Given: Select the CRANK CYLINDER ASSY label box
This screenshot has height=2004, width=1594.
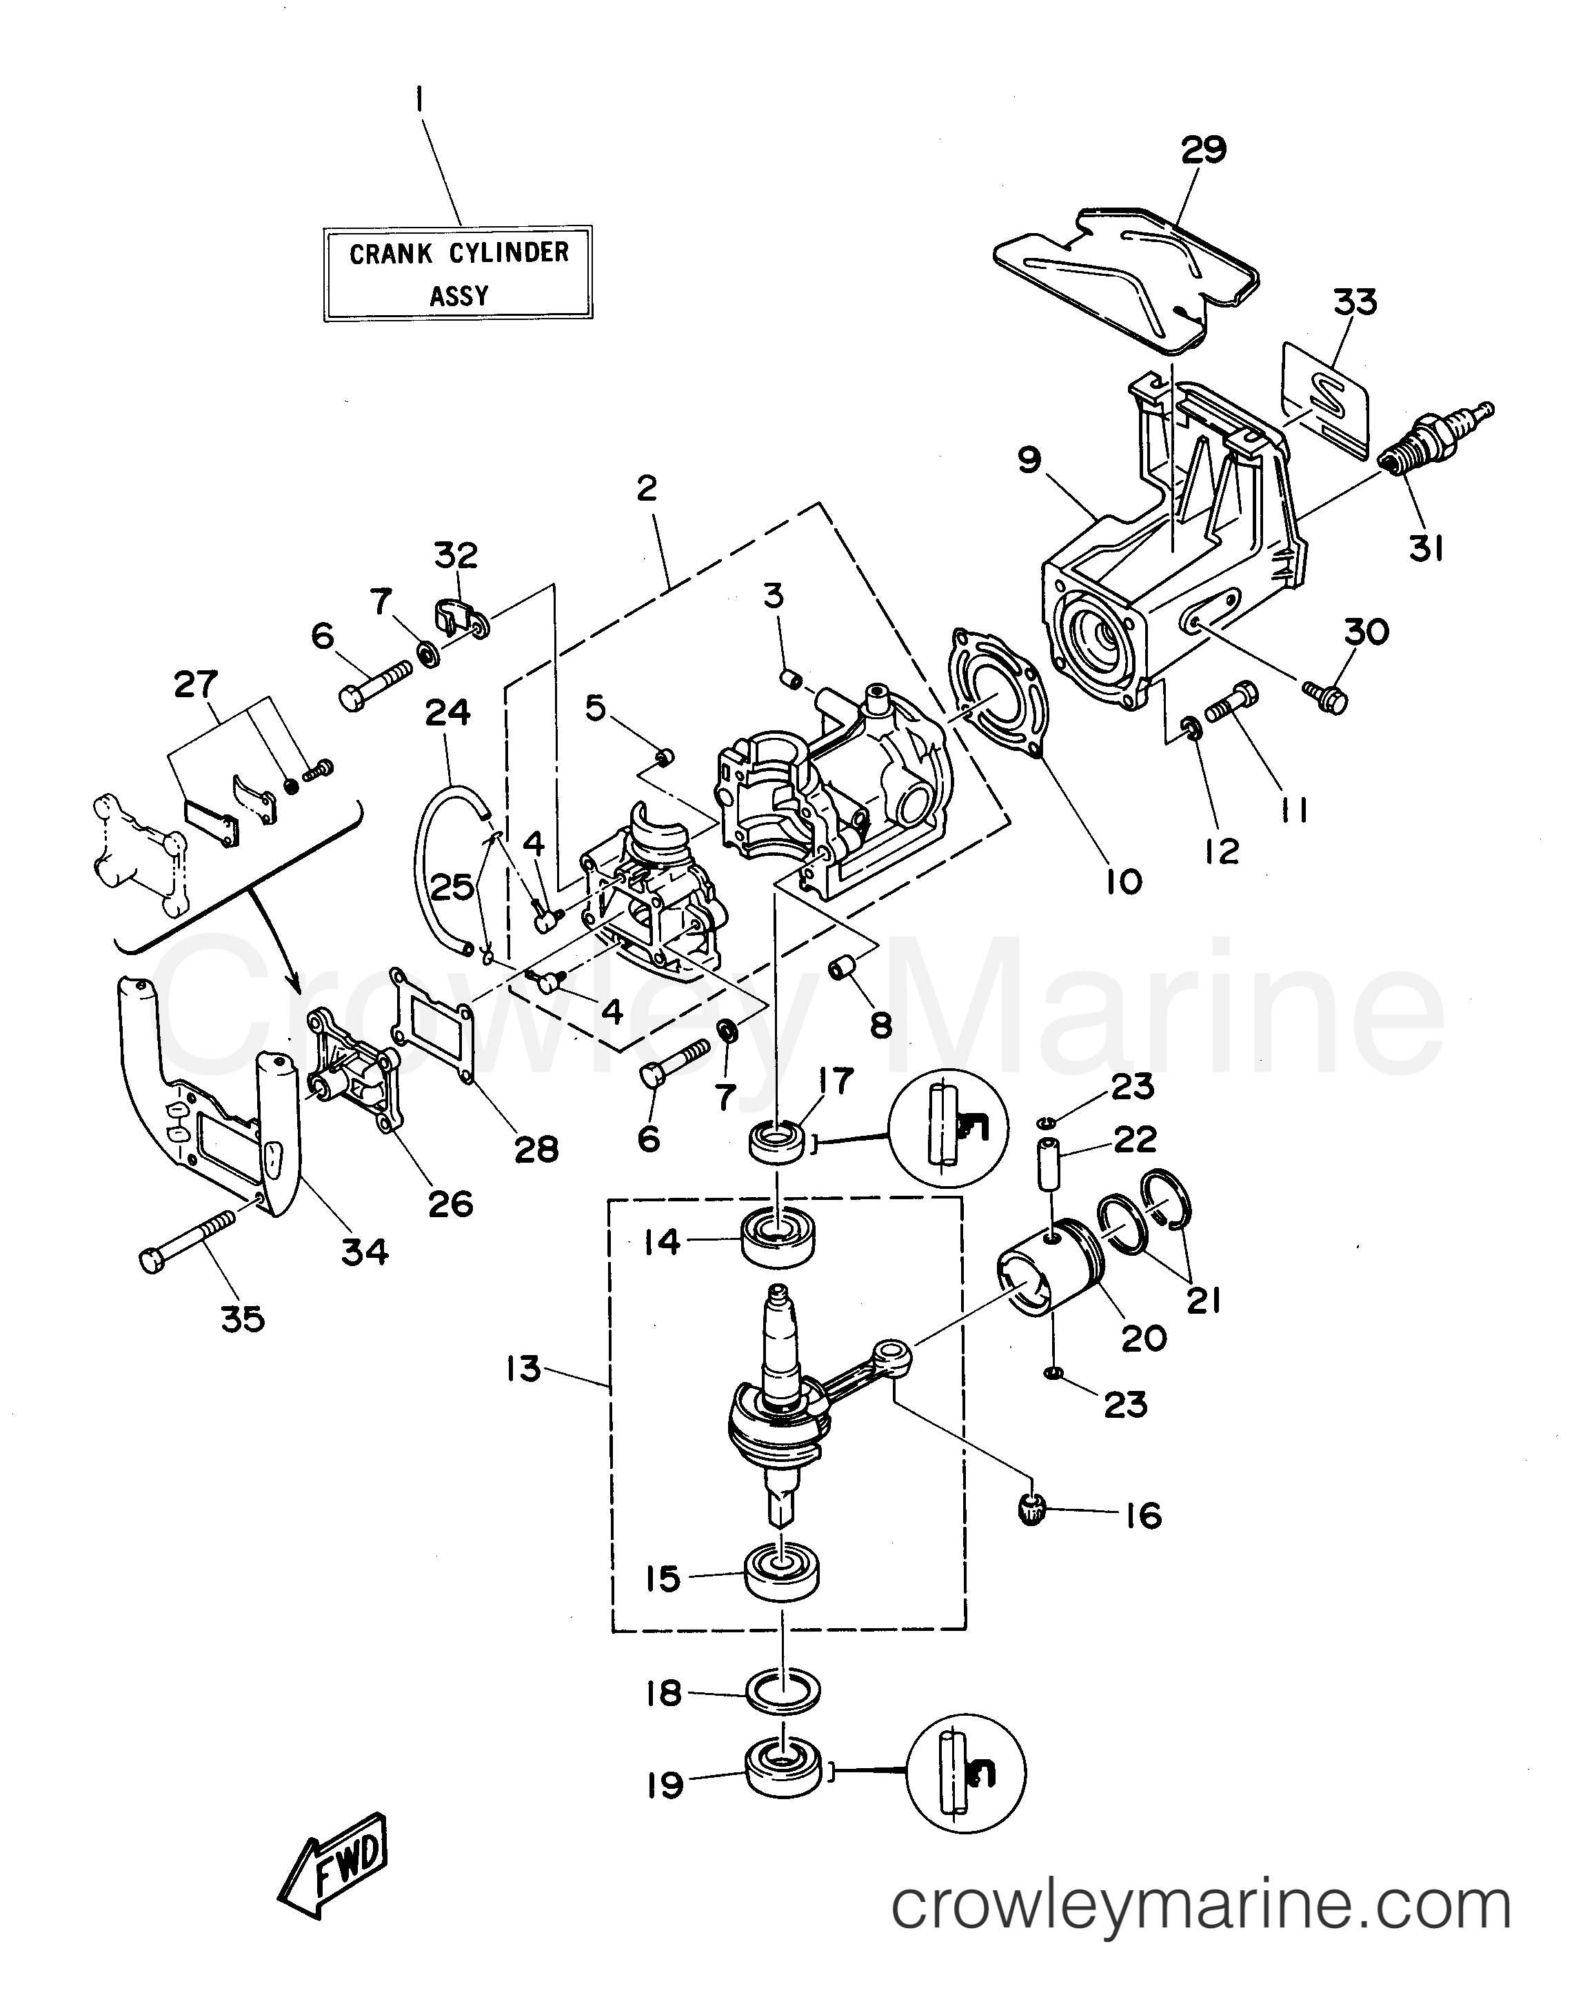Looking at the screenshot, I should click(458, 273).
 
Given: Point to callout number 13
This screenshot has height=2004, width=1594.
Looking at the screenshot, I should click(523, 1368).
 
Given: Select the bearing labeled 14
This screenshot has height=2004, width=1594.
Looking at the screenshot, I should click(779, 1237).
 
